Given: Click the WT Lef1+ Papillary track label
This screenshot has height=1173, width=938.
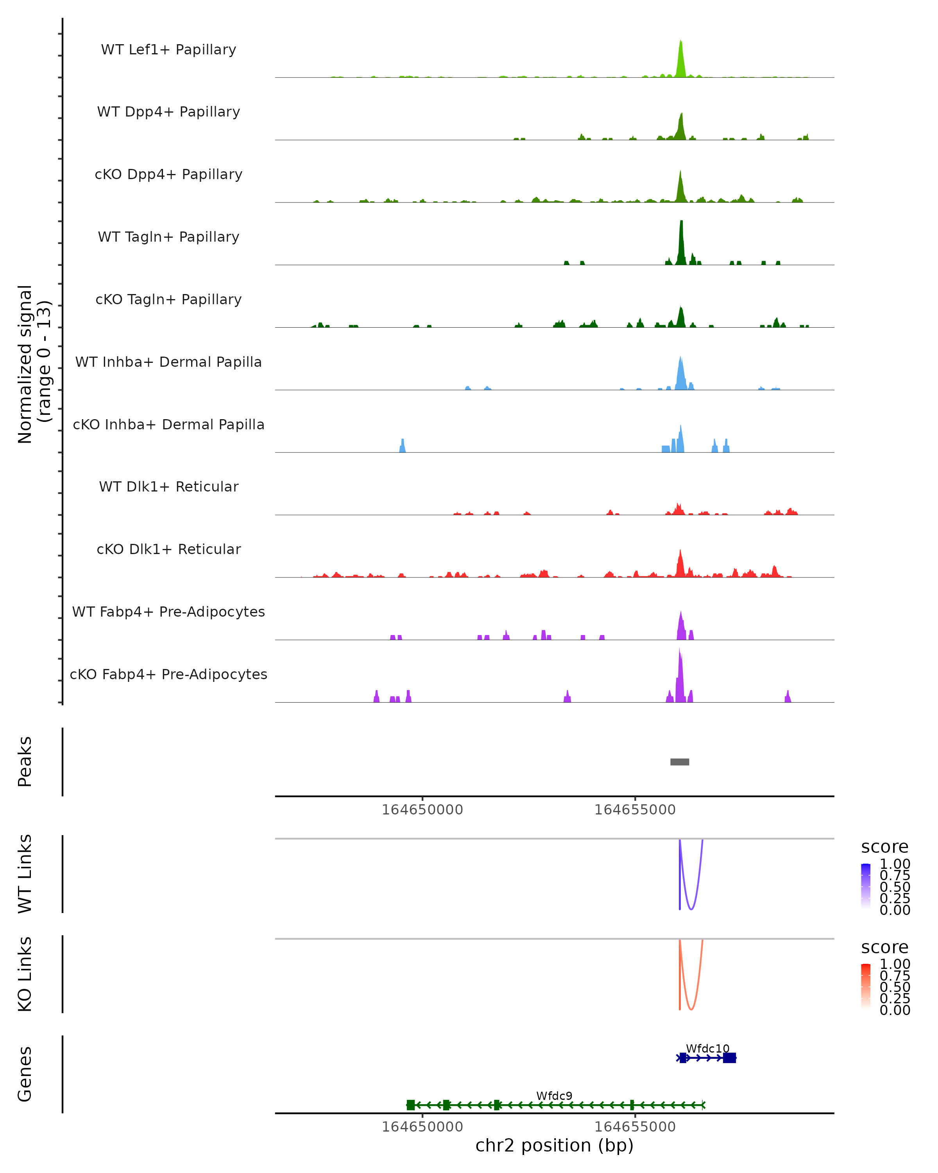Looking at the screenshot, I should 168,50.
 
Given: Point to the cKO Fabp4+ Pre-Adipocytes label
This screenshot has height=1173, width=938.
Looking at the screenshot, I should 168,674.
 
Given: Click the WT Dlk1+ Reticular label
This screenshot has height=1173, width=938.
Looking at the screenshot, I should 168,486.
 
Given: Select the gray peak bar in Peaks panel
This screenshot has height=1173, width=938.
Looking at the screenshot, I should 680,762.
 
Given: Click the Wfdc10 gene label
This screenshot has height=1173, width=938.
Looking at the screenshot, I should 707,1048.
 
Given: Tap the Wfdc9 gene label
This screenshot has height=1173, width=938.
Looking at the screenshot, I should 554,1096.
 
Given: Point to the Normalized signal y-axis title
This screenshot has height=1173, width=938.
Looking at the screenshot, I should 34,364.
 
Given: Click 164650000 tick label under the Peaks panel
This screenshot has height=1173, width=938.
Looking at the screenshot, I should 422,810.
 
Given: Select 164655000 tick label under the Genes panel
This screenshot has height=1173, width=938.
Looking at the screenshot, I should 635,1127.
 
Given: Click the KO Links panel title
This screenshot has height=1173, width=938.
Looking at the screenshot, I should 25,974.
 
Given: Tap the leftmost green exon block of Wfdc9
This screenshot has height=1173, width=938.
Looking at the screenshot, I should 410,1105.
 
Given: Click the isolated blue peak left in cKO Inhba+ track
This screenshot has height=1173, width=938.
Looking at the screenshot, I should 403,446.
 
